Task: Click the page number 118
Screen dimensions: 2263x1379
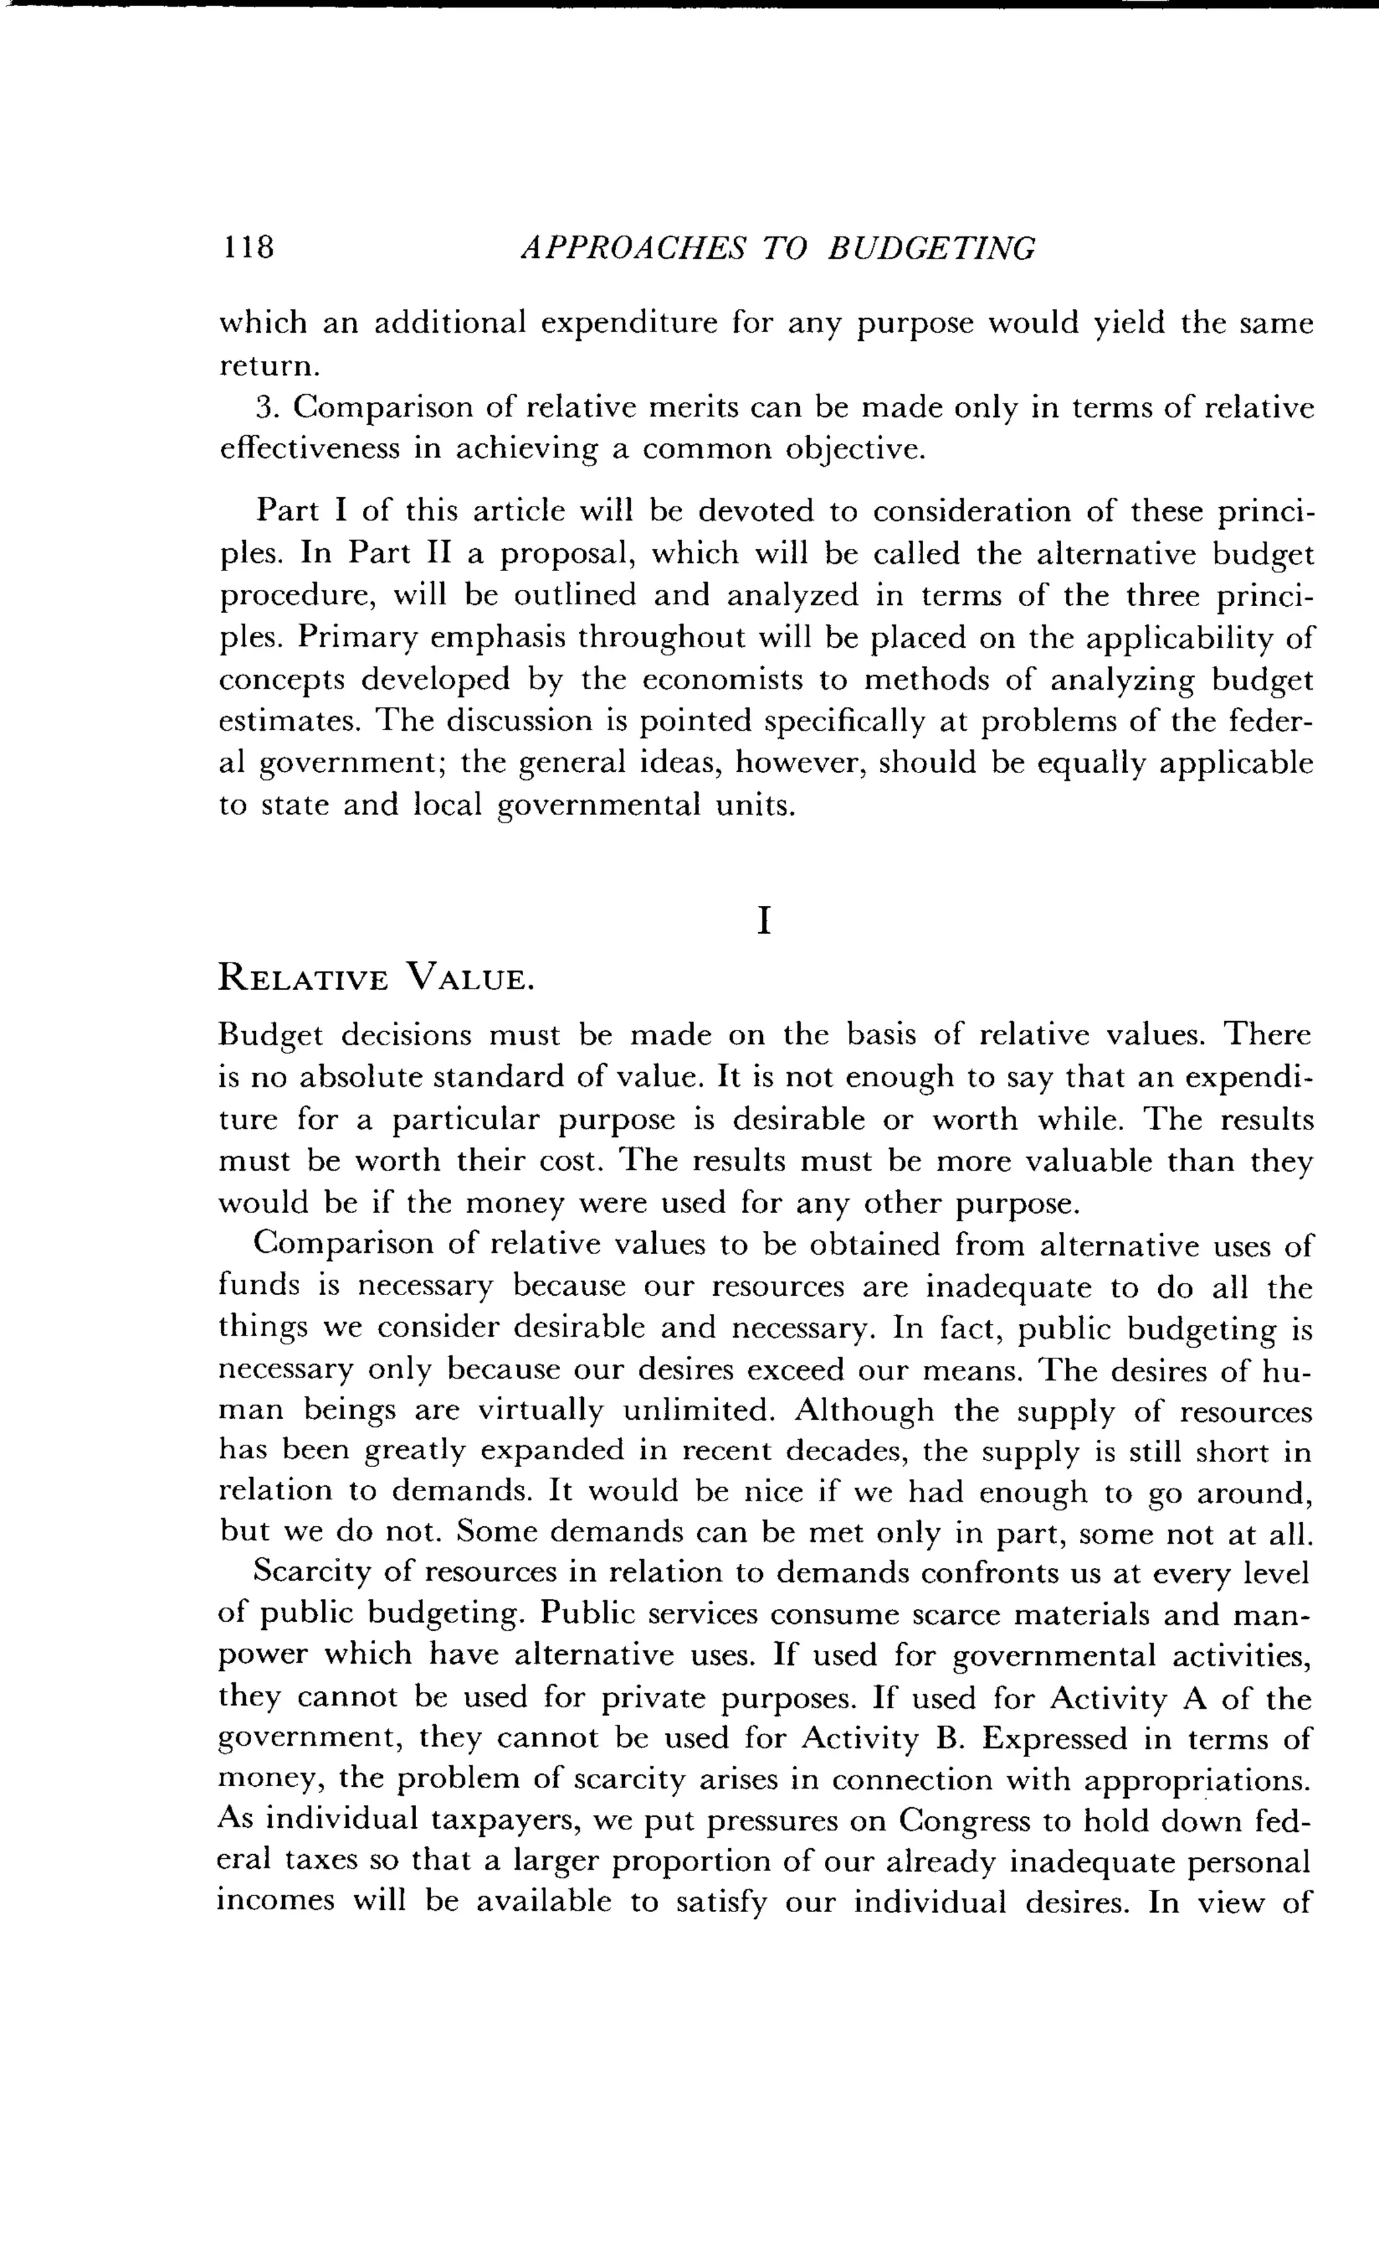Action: tap(247, 247)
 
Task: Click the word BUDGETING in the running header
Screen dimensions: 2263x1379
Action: tap(931, 248)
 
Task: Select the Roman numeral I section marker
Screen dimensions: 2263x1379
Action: tap(763, 921)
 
